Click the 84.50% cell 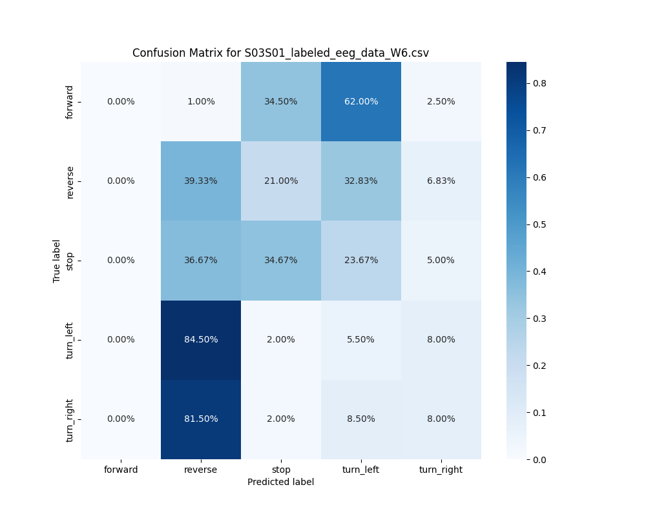pos(201,340)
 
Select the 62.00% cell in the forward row pos(361,102)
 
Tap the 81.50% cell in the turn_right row pos(201,419)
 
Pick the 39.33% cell pos(201,181)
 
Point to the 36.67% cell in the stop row pos(201,261)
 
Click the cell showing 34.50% pos(281,102)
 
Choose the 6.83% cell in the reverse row pos(441,181)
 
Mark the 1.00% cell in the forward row pos(201,102)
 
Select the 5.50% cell pos(361,340)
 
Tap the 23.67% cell pos(361,261)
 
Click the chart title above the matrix pos(280,53)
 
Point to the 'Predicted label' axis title pos(280,482)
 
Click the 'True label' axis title pos(57,261)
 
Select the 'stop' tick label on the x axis pos(281,470)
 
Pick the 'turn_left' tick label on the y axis pos(70,340)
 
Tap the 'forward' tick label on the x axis pos(121,470)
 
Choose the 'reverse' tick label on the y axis pos(70,181)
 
